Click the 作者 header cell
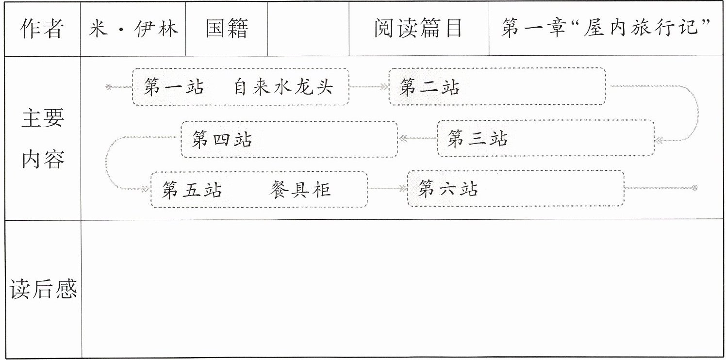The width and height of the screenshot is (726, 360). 42,29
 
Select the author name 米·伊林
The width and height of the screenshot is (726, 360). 133,29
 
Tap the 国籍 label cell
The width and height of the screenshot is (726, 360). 227,29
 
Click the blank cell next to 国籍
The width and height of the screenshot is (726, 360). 308,29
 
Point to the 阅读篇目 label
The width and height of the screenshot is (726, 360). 418,28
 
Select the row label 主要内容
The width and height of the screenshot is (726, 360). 43,139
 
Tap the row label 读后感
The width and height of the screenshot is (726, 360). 43,289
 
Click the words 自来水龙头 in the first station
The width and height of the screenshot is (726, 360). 283,87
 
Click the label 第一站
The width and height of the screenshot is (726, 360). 174,87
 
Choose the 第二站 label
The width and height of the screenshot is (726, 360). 429,87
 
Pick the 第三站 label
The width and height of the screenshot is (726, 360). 478,138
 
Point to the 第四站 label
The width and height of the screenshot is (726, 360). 222,139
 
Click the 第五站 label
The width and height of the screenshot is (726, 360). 192,190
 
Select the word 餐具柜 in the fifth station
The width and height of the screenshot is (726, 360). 300,190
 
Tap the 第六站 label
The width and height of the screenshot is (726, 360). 448,188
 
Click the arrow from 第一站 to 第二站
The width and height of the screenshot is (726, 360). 369,86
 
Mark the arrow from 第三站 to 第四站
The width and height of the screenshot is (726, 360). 418,138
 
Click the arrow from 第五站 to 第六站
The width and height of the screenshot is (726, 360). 388,188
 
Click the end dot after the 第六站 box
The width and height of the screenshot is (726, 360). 694,188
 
